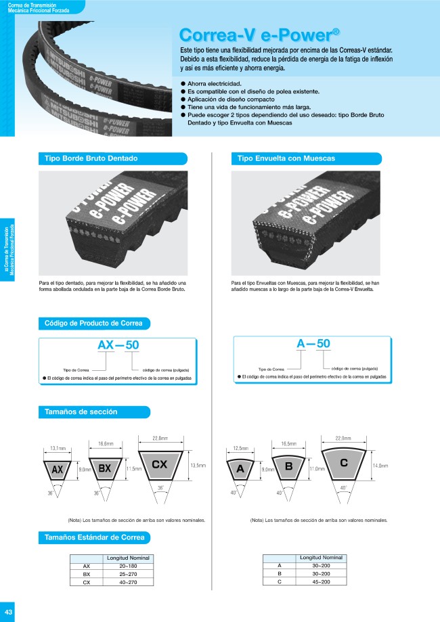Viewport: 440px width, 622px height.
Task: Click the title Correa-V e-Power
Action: (259, 35)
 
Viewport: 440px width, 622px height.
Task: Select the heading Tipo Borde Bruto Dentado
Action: (91, 158)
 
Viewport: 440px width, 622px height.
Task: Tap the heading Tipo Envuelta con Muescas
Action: (286, 158)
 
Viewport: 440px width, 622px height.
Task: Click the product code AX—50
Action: (118, 345)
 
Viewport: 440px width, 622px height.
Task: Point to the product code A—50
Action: (313, 344)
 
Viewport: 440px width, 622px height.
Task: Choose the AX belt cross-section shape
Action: (58, 468)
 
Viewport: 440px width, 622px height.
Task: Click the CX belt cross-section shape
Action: (160, 466)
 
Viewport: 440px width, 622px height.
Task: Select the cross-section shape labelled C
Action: (344, 464)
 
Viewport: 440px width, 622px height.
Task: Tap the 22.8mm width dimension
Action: (160, 437)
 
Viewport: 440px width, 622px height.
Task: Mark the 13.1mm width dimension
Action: (58, 448)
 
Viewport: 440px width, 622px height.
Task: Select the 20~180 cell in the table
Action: (127, 566)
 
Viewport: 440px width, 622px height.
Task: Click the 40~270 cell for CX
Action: (127, 581)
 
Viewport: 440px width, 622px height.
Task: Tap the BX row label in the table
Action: (87, 574)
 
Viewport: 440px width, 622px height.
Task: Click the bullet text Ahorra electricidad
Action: (215, 83)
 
